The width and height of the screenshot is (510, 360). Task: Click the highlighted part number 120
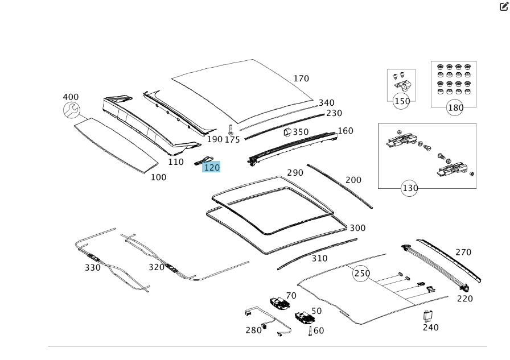coord(211,167)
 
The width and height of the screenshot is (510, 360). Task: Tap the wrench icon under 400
coord(71,110)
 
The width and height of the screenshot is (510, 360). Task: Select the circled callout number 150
coord(402,101)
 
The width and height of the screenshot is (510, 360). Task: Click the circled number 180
coord(455,107)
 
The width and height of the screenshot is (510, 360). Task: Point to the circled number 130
coord(410,188)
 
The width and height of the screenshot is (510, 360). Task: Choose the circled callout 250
coord(361,274)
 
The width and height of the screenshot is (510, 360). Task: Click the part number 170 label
coord(301,78)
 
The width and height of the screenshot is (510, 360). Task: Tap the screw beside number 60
coord(310,330)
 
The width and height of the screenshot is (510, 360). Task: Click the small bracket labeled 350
coord(287,133)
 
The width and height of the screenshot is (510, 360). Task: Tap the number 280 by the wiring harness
coord(253,330)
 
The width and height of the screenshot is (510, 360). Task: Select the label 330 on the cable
coord(93,267)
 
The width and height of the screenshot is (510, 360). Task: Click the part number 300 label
coord(357,228)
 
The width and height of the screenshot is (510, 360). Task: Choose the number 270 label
coord(463,253)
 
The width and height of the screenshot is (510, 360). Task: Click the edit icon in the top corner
coord(503,6)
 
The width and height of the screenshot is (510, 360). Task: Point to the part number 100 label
coord(158,177)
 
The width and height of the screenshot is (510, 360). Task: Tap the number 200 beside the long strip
coord(353,180)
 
